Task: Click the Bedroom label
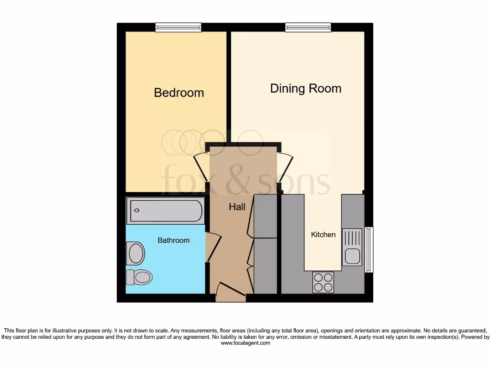coord(178,93)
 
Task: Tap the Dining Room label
coord(305,88)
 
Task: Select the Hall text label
coord(237,207)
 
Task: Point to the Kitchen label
coord(323,235)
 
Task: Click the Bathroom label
coord(173,240)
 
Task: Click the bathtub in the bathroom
coord(165,211)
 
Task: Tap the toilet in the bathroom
coord(139,277)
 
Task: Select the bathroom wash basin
coord(135,253)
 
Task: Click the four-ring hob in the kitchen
coord(323,282)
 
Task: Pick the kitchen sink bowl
coord(352,256)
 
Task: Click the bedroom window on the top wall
coord(178,27)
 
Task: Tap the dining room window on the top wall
coord(308,27)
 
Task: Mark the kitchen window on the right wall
coord(368,249)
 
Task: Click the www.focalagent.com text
coord(245,343)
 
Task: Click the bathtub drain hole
coord(137,211)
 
